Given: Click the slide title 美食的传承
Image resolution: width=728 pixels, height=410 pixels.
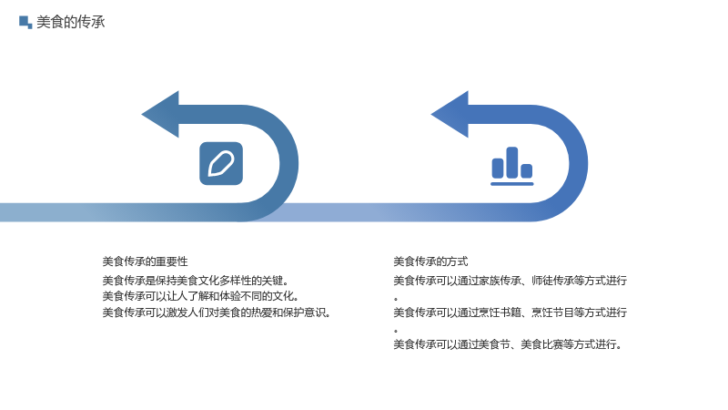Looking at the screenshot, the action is [71, 22].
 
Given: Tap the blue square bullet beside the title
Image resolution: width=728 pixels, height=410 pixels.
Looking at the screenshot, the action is [25, 22].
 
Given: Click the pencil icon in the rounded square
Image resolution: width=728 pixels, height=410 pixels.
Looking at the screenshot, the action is [221, 164].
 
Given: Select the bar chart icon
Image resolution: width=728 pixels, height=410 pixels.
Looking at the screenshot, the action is [512, 166].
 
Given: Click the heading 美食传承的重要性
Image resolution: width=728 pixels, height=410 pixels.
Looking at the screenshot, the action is [145, 261].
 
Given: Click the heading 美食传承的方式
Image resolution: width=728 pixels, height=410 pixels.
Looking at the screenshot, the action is [430, 261].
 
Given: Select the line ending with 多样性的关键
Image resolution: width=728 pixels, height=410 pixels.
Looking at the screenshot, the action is [196, 281].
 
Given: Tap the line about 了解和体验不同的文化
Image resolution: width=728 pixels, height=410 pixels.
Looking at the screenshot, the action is [200, 297].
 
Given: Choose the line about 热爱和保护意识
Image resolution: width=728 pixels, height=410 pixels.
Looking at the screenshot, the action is [217, 313].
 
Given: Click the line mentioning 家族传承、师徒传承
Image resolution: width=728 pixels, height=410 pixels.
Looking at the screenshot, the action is [510, 281].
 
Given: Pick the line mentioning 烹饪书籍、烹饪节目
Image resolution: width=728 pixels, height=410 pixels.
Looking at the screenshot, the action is [510, 313].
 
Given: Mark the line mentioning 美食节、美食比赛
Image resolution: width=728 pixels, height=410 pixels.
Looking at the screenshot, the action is [508, 344].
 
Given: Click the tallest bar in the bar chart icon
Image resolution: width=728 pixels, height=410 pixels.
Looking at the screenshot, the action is [512, 162].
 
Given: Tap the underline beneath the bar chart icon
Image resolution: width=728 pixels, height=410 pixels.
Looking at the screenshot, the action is [512, 184].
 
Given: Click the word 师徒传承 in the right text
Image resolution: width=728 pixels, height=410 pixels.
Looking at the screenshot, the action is [552, 281].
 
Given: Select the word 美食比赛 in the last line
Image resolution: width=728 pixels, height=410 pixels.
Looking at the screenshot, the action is [541, 344].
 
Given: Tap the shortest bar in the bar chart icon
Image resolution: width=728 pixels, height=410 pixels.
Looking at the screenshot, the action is [527, 170].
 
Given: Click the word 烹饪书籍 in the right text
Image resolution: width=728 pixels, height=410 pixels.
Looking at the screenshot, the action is [499, 313].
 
